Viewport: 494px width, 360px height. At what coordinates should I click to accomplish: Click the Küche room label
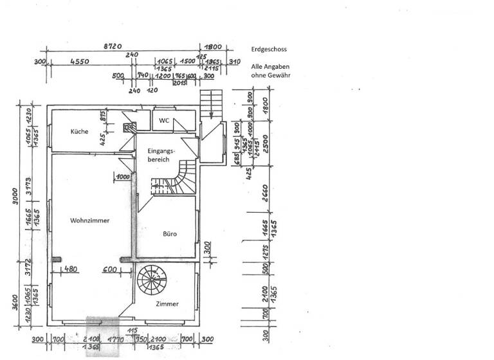pos(79,131)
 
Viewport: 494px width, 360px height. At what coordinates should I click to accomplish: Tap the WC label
pos(164,120)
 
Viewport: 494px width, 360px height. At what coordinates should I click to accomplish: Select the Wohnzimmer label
pos(89,220)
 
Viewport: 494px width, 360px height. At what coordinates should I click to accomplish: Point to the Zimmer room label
pos(167,304)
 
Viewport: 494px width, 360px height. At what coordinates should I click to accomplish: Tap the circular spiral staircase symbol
pos(152,281)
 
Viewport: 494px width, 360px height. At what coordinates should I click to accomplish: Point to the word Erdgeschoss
pos(269,49)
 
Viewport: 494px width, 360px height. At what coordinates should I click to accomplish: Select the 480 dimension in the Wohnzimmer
pos(70,269)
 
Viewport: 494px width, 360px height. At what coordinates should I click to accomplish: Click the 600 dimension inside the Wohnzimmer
pos(109,269)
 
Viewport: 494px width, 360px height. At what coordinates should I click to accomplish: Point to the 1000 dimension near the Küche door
pos(123,176)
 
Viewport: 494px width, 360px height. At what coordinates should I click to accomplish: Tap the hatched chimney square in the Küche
pos(126,127)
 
